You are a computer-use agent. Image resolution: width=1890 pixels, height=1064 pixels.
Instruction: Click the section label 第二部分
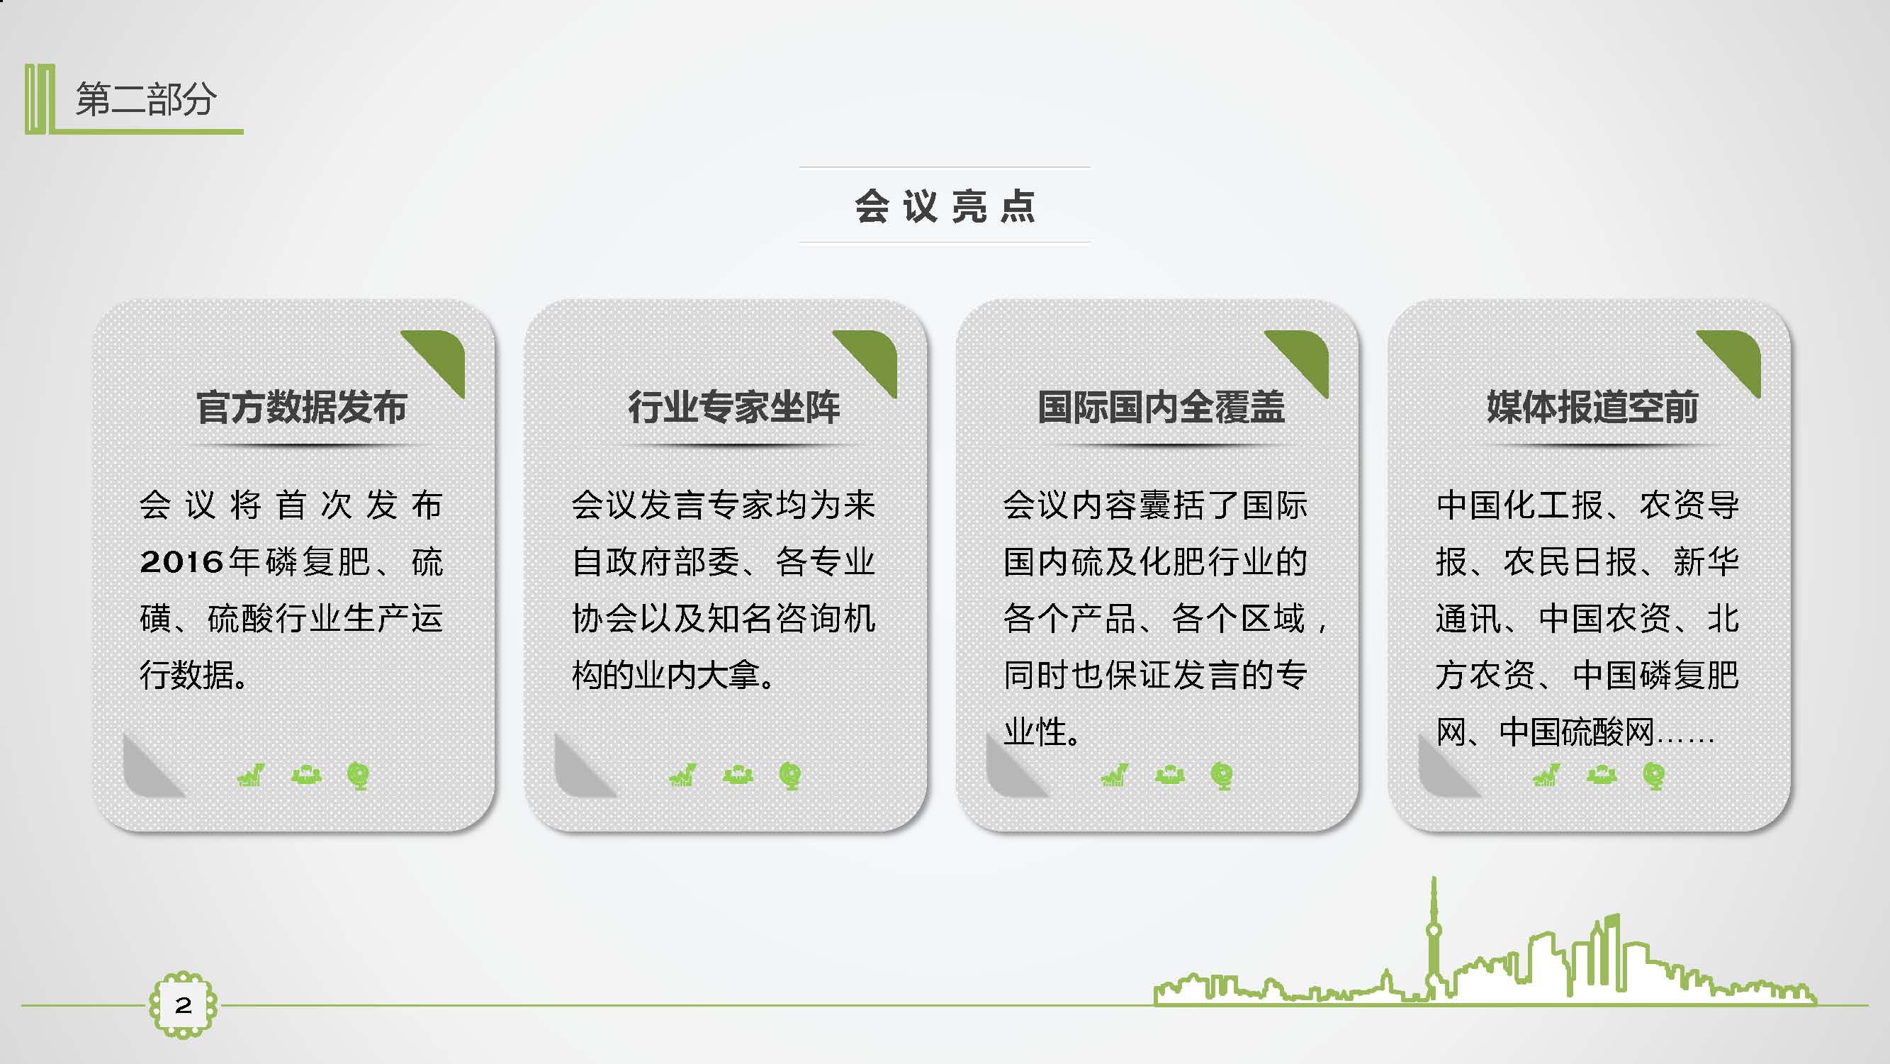(145, 99)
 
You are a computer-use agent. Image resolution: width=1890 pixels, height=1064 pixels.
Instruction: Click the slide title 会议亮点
(945, 206)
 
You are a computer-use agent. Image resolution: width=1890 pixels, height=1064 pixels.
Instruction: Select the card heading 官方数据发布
(302, 408)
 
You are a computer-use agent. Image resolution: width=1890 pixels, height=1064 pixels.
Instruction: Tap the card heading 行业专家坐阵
(733, 408)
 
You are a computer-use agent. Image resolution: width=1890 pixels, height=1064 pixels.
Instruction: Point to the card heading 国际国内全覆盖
(1161, 408)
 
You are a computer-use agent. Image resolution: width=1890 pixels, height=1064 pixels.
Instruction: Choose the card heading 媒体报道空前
(1593, 408)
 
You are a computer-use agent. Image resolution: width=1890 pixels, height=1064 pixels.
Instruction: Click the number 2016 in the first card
(182, 562)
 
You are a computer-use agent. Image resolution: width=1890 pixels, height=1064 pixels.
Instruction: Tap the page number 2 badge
(184, 1004)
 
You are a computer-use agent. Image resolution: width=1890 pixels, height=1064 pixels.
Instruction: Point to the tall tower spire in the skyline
(1434, 910)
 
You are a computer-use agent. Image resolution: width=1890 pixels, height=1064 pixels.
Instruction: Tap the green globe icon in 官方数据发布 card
(358, 775)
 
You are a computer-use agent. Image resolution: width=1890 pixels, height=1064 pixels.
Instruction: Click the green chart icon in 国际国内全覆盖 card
(1114, 775)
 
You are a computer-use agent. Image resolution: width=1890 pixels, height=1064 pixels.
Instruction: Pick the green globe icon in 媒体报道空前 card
(1654, 775)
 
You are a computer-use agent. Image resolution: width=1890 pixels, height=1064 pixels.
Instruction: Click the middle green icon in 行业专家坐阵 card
(738, 775)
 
